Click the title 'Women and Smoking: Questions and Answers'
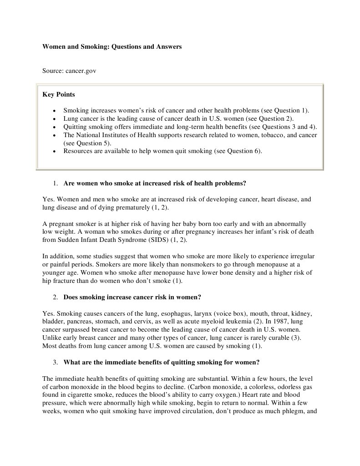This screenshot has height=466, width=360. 112,47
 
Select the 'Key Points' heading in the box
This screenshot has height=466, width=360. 59,95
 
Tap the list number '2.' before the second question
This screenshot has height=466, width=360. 55,297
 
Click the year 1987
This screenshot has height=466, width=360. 247,322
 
